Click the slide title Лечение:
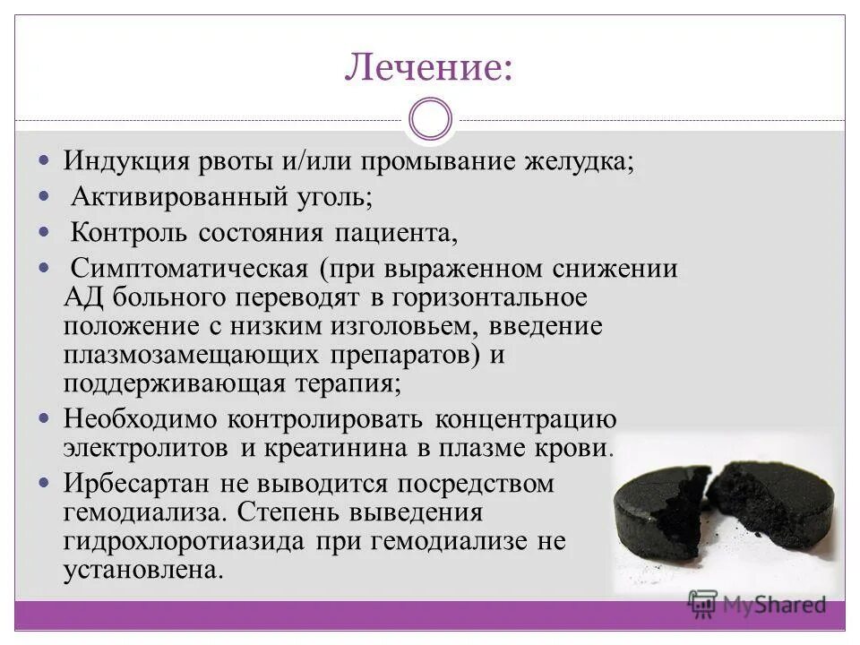(x=429, y=68)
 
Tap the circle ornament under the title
(x=430, y=120)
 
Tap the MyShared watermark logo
(x=757, y=604)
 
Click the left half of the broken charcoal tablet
(x=658, y=512)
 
